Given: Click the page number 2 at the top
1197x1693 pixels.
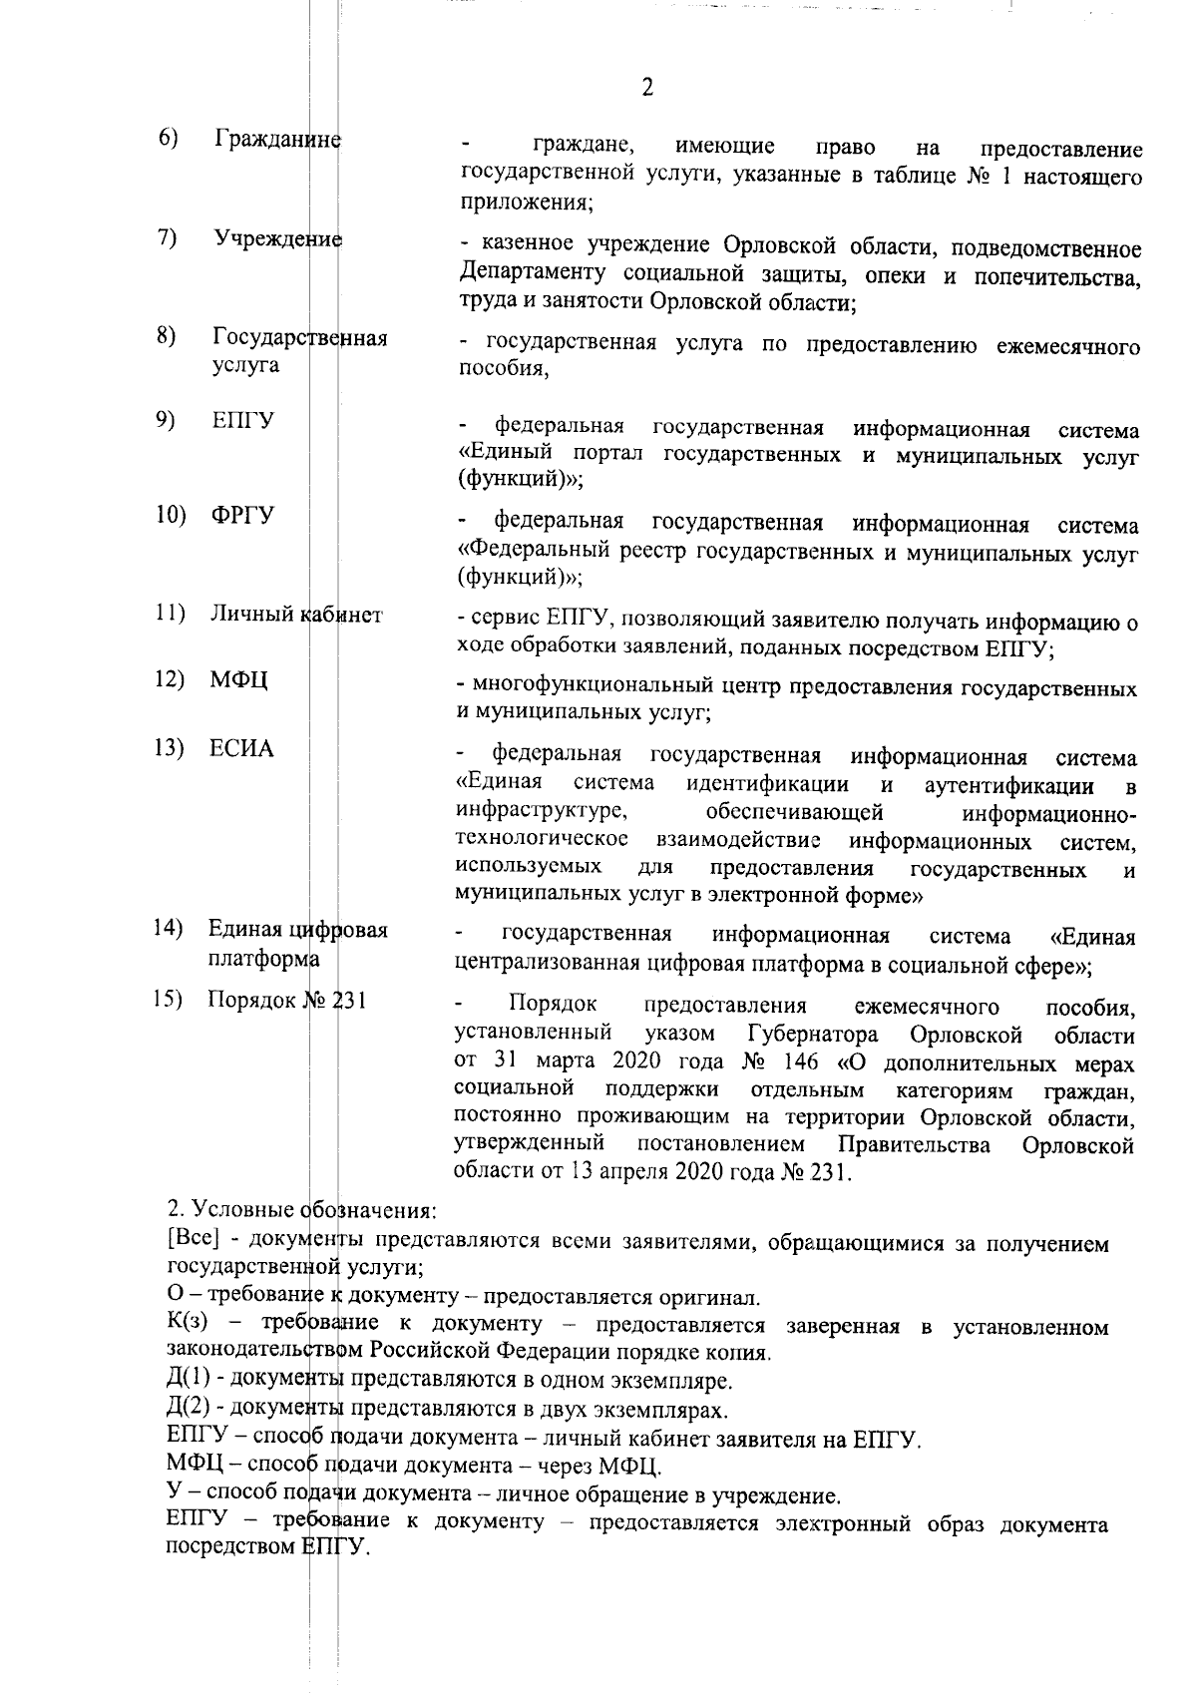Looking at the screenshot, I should click(x=647, y=88).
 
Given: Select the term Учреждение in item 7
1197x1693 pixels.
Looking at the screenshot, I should click(x=277, y=239).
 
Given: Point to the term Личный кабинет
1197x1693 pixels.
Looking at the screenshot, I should click(x=295, y=615).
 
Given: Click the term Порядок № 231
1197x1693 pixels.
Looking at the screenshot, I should click(x=286, y=1000).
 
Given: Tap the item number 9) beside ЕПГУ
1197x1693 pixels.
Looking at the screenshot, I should click(x=167, y=420).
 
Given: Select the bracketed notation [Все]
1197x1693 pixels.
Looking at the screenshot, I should click(x=194, y=1243).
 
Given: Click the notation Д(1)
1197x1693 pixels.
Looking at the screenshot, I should click(x=189, y=1382).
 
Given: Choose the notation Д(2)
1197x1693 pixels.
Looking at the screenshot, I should click(x=189, y=1410).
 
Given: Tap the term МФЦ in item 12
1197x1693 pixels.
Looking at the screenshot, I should click(x=238, y=681).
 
